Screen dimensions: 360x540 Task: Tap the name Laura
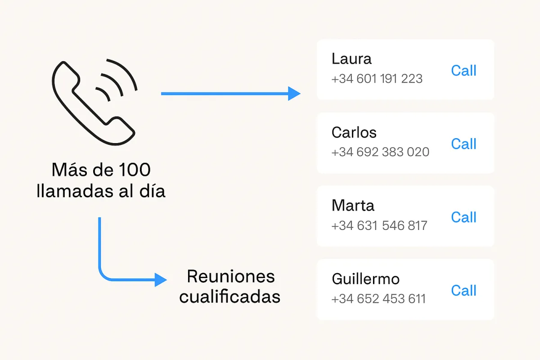point(351,59)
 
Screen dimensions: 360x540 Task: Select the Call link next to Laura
point(463,71)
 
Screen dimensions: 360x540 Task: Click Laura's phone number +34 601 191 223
point(377,79)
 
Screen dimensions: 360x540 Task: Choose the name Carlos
point(354,132)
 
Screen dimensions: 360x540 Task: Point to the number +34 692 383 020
point(380,152)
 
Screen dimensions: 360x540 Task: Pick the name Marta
point(353,206)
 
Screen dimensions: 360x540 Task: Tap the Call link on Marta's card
point(463,217)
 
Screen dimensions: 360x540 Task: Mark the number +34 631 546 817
point(379,225)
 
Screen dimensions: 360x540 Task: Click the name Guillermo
point(365,279)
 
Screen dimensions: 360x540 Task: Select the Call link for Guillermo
point(463,291)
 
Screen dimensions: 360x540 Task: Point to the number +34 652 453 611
point(378,299)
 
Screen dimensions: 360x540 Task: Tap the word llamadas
point(75,191)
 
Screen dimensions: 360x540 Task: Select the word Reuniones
point(230,276)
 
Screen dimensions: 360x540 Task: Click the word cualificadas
point(229,297)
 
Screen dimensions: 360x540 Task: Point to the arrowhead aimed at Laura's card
point(294,94)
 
